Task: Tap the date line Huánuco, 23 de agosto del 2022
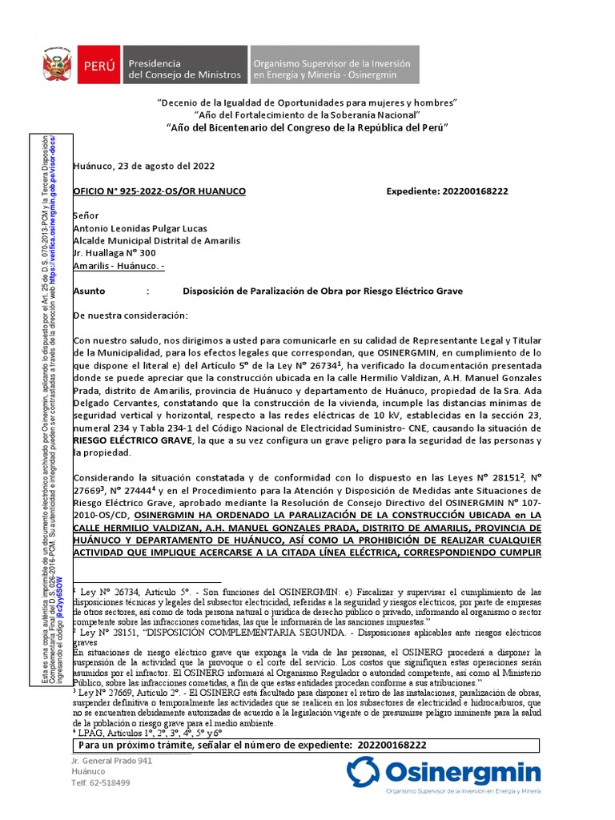pos(143,166)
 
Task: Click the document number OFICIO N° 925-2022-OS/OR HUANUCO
pos(159,191)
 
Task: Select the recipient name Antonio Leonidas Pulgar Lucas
pos(142,227)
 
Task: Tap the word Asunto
pos(89,291)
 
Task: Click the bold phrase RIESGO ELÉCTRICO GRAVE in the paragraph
pos(132,440)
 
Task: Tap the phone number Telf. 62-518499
pos(101,782)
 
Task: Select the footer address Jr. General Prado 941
pos(111,760)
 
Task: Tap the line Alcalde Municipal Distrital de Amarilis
pos(156,240)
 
